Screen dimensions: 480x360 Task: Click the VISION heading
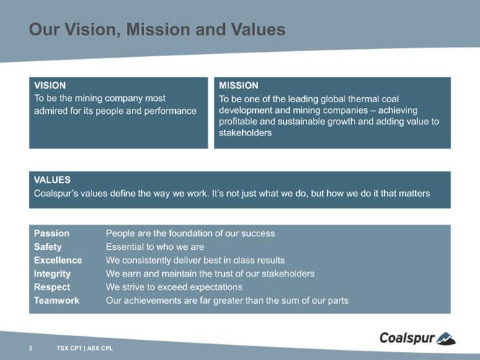50,86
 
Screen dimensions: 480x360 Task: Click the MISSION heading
239,86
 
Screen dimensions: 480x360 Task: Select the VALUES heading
52,180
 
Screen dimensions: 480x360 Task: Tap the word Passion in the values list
52,233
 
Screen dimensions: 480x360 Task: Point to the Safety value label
48,247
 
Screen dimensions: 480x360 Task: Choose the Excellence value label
58,261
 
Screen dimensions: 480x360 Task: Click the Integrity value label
52,274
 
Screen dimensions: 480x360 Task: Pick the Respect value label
52,287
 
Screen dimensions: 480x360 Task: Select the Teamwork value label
57,301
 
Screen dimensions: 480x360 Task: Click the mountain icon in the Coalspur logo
446,339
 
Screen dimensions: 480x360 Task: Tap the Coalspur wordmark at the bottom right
407,338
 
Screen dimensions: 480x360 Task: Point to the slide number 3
30,348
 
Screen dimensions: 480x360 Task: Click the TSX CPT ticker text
69,348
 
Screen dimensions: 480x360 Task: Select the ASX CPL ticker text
99,348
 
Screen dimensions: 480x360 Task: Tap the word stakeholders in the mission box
245,133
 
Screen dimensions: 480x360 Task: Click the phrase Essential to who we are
155,247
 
